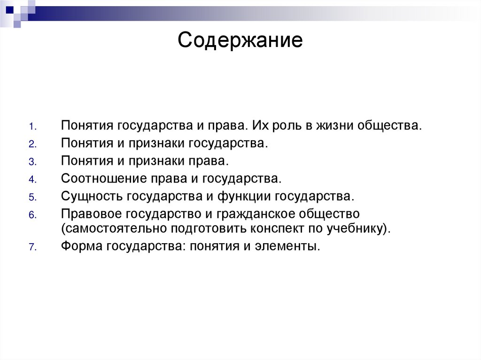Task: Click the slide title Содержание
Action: [240, 41]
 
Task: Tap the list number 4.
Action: [31, 180]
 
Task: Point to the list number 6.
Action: [31, 215]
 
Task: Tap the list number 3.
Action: [31, 162]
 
